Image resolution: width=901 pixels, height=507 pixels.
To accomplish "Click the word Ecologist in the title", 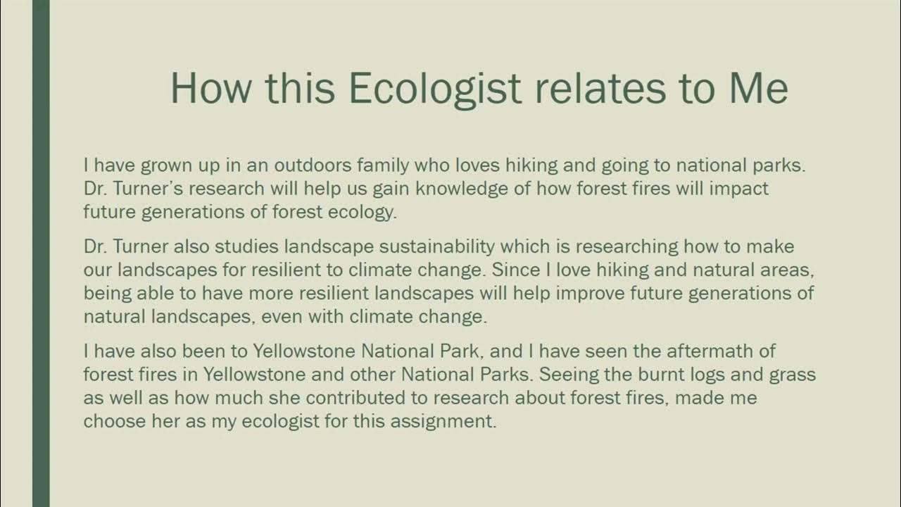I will pos(435,89).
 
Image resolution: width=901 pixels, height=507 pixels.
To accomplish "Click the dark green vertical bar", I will pos(41,254).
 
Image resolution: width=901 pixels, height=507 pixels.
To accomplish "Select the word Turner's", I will pos(149,189).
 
